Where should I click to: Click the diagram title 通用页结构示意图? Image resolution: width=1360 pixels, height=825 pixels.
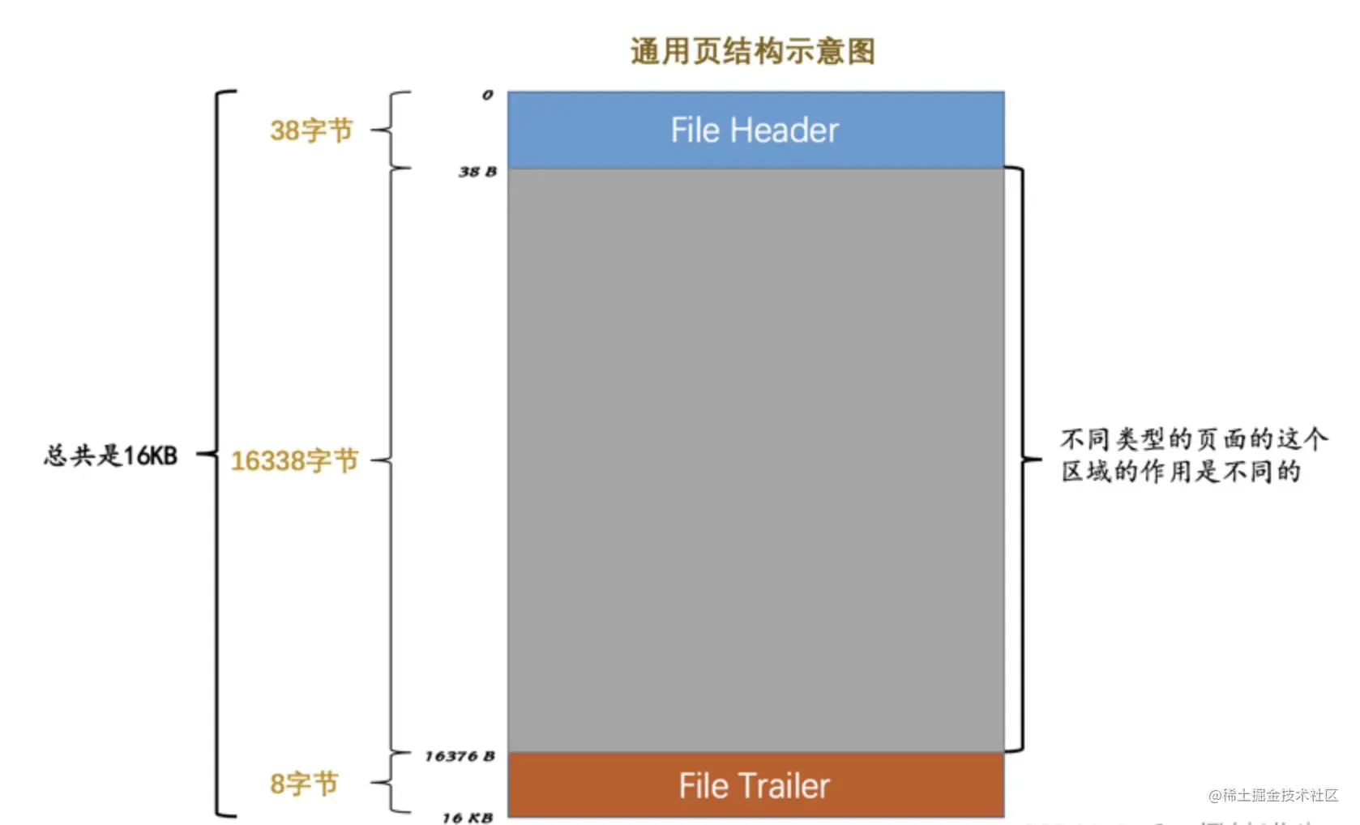[752, 51]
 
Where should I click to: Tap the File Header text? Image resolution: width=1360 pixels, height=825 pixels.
[755, 130]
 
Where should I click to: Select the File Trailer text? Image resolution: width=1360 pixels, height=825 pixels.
[754, 786]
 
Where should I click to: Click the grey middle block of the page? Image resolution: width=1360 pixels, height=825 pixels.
[755, 460]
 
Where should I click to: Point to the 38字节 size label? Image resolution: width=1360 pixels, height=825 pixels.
[311, 130]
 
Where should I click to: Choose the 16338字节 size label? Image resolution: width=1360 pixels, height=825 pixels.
[294, 460]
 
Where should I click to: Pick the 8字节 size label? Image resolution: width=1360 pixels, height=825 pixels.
[304, 784]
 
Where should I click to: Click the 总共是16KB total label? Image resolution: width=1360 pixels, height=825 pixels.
[111, 455]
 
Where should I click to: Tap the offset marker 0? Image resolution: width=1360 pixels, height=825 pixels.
[487, 95]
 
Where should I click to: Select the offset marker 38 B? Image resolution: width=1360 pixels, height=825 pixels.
[477, 172]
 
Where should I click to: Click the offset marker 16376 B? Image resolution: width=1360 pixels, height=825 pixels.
[460, 756]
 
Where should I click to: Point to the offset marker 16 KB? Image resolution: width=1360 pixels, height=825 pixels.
[468, 818]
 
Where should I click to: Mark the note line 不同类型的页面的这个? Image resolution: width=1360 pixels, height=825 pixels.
[1194, 439]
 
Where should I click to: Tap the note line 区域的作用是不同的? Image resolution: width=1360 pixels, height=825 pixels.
[1181, 472]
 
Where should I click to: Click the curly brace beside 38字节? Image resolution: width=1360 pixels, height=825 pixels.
[392, 130]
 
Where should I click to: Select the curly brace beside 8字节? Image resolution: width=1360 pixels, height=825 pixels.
[392, 783]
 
